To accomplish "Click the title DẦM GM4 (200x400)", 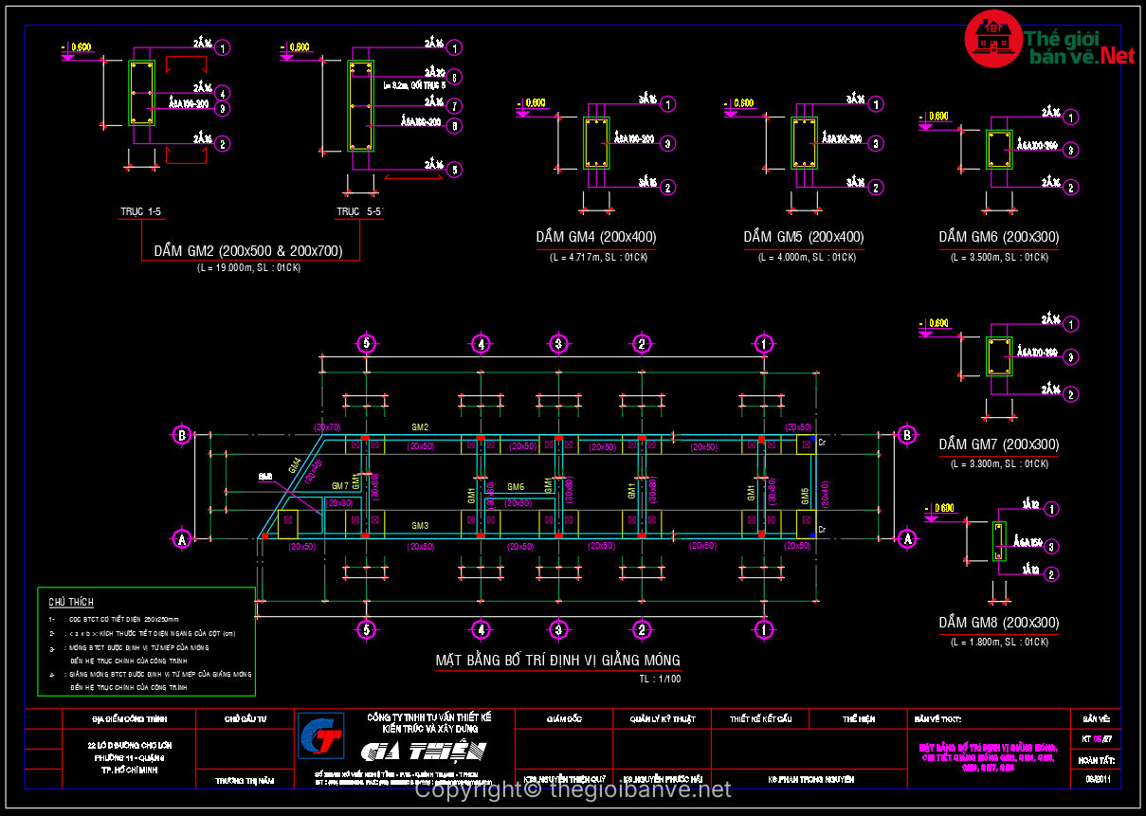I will point(595,237).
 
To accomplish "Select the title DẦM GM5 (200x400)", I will point(803,237).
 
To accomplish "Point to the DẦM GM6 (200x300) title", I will point(999,237).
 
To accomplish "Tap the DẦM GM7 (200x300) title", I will point(999,444).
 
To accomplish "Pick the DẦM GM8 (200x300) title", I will point(999,624).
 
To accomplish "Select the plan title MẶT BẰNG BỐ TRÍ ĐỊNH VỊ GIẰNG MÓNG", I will point(557,660).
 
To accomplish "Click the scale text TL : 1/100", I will point(660,679).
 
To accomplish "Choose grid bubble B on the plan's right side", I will point(906,435).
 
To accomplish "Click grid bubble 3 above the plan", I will point(558,343).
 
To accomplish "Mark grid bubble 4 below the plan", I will point(482,629).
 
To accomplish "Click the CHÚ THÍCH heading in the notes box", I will point(71,602).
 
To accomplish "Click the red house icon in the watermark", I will point(992,39).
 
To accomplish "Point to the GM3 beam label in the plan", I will point(420,526).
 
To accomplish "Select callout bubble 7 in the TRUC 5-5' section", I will point(455,105).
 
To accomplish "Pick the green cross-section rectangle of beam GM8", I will point(998,541).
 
